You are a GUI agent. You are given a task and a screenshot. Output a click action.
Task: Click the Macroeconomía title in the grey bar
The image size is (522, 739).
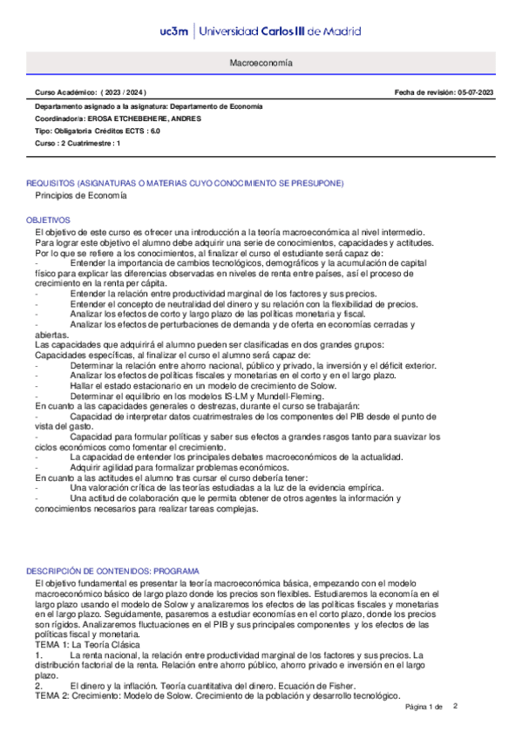[261, 64]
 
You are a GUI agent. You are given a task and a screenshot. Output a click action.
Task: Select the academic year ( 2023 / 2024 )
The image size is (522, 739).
[123, 92]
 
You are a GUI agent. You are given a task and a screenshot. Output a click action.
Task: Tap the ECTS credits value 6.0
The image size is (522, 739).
[154, 130]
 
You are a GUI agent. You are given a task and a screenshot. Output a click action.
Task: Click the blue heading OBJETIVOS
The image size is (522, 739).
[48, 220]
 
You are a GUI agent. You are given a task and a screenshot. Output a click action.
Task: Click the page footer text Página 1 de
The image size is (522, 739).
[425, 707]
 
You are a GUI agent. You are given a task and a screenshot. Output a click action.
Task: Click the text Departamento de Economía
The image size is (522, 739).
[215, 106]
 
